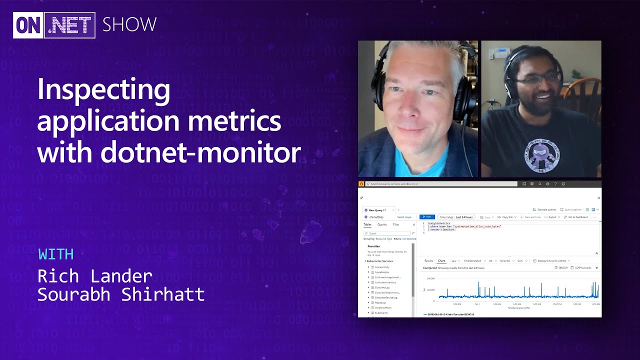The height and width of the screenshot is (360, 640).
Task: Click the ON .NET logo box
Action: click(x=54, y=25)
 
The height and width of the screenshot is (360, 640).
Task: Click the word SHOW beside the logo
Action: click(x=129, y=24)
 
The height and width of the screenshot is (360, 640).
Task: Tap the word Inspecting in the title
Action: click(x=103, y=90)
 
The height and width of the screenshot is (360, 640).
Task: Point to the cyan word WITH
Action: click(x=55, y=254)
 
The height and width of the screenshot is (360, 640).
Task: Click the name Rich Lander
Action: click(x=95, y=276)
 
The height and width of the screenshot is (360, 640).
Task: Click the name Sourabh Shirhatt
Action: click(x=121, y=294)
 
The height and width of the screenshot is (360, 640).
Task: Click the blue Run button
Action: click(x=427, y=217)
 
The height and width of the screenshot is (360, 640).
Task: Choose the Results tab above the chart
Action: click(x=428, y=260)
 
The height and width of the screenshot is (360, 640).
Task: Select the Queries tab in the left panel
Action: click(x=382, y=224)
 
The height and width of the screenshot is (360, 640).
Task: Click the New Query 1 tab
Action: click(x=378, y=210)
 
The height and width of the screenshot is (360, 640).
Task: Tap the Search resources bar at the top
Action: click(x=440, y=184)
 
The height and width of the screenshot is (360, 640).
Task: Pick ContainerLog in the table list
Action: click(x=382, y=287)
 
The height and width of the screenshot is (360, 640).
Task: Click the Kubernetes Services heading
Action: click(x=379, y=261)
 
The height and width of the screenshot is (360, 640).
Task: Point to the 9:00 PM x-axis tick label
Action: click(x=457, y=304)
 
